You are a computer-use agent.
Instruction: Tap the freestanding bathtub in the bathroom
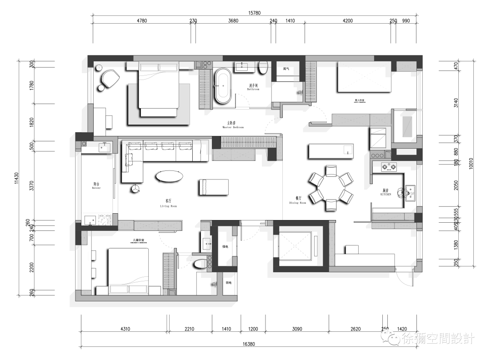coord(223,86)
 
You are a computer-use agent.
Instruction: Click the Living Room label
coord(168,203)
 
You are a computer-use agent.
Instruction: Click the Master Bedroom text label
coord(233,125)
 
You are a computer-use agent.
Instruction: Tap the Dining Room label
coord(298,200)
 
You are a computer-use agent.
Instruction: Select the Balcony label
coord(96,186)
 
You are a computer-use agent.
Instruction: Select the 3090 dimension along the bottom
coord(297,329)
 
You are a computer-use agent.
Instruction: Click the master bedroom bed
coord(158,90)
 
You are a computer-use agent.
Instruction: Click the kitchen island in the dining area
coord(331,151)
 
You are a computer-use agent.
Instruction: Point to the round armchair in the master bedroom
coord(109,79)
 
